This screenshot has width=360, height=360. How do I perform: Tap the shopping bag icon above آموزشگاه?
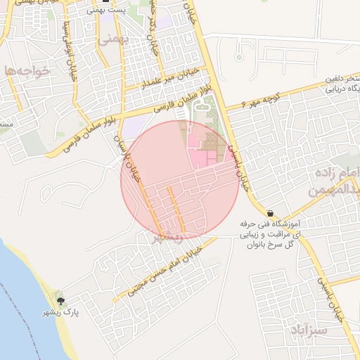pos(270,213)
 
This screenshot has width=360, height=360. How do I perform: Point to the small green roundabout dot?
pos(239,56)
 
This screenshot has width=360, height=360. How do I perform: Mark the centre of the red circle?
pos(180,180)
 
